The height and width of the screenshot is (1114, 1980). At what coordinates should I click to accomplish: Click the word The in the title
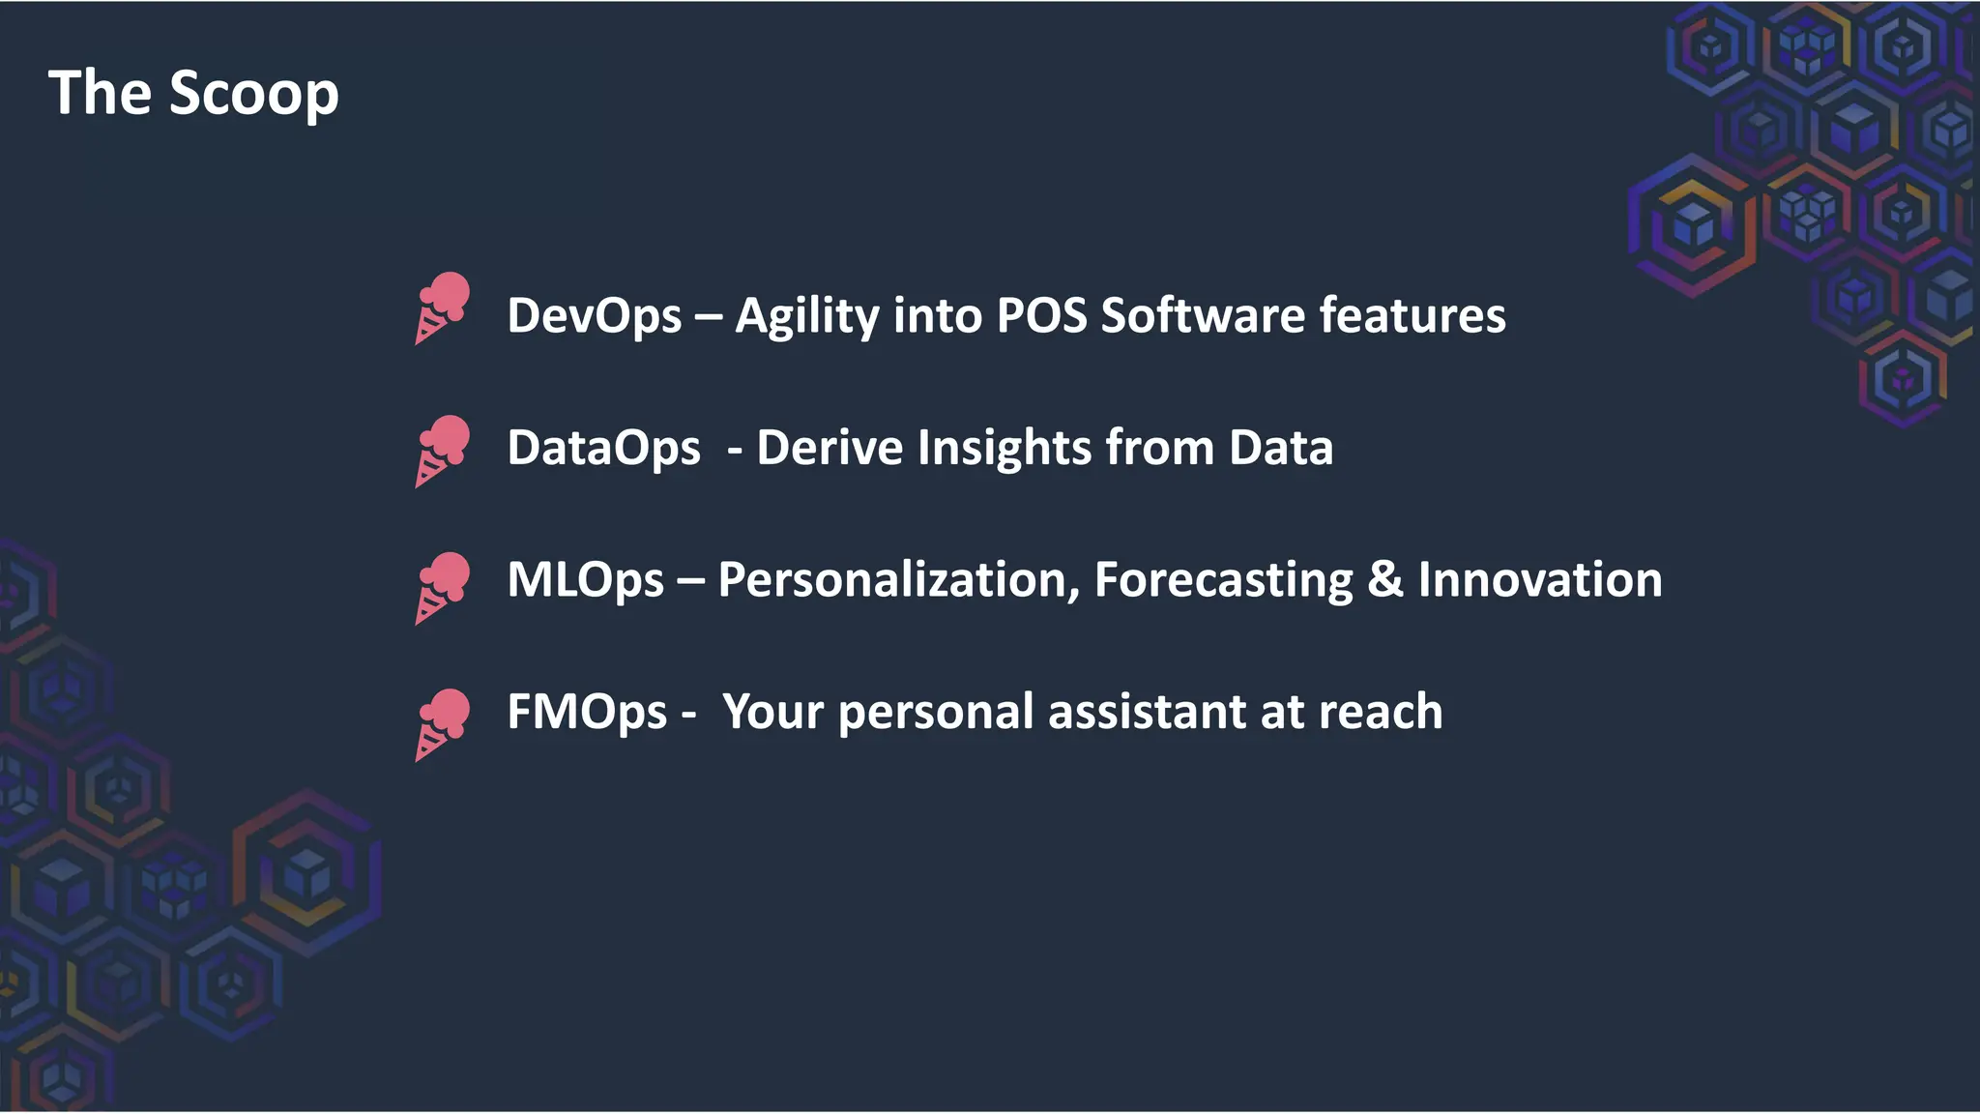[100, 93]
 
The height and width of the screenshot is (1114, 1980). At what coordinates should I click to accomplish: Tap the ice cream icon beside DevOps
[443, 308]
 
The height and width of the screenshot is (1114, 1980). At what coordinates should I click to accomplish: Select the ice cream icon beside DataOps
[443, 452]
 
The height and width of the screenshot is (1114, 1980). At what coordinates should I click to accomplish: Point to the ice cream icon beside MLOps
[443, 588]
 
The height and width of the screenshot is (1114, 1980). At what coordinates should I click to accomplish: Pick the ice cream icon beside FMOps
[443, 724]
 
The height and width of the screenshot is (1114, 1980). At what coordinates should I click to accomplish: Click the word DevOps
[595, 316]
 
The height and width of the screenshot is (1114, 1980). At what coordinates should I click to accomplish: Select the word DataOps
[603, 449]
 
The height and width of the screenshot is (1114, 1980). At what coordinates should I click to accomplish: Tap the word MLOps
[585, 580]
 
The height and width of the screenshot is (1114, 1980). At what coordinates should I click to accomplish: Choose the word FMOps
[587, 713]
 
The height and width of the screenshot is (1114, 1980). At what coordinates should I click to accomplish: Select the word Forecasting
[1223, 580]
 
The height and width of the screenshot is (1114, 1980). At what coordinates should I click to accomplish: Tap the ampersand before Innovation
[1384, 580]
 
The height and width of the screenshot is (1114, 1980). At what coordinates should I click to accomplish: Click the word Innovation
[1539, 580]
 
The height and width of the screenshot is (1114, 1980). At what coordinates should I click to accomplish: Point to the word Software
[1203, 316]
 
